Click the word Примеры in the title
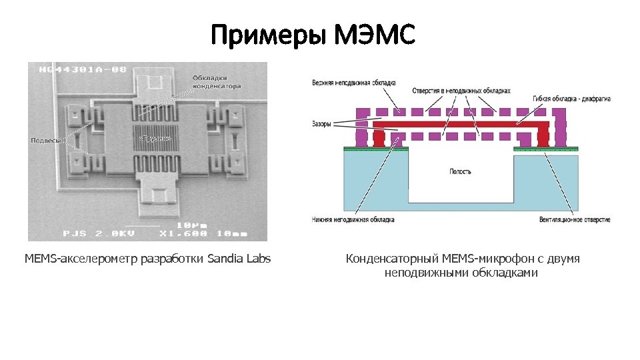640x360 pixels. pos(267,35)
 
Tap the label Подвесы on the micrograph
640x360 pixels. pos(47,140)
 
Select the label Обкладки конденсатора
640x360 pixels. pos(217,82)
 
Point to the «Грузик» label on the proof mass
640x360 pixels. pos(155,138)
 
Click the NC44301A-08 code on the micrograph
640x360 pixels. pos(83,69)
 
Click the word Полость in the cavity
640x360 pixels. pos(460,171)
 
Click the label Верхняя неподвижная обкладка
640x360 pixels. pos(353,83)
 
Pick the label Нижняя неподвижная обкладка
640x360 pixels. pos(353,219)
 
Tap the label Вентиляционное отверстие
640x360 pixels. pos(575,219)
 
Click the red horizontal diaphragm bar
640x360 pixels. pos(460,125)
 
